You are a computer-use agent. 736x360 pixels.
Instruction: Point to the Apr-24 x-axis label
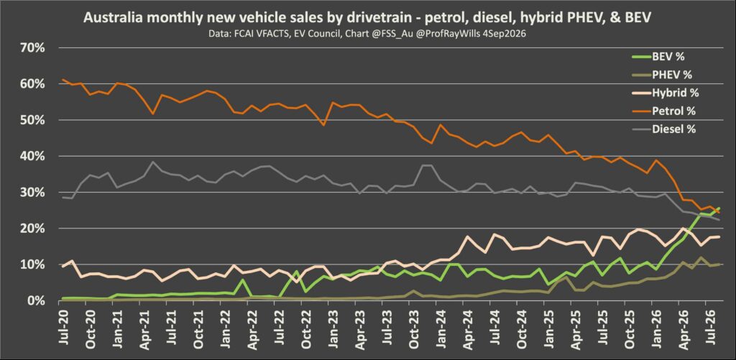tap(469, 329)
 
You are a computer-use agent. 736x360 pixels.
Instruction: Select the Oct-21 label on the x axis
tap(198, 329)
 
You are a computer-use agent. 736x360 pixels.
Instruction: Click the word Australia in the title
tap(110, 19)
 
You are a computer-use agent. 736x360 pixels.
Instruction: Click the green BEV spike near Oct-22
tap(297, 272)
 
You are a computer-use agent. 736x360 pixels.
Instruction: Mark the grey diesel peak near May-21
tap(153, 162)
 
